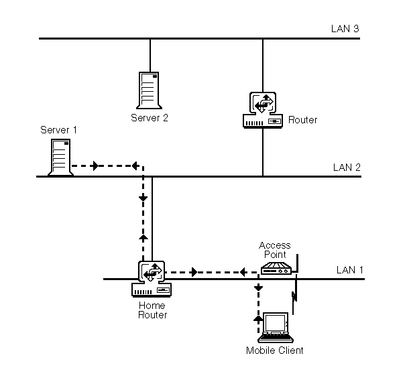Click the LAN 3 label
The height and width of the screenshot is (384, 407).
[345, 29]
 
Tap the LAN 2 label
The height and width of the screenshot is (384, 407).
[347, 167]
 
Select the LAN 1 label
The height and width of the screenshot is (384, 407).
[349, 270]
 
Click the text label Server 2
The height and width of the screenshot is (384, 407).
[150, 117]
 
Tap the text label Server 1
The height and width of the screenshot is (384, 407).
[59, 129]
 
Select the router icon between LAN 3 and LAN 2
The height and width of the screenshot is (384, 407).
[263, 110]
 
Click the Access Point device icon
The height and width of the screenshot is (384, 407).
[275, 269]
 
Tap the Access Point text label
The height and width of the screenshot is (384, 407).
[273, 249]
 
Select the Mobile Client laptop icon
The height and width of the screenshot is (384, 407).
[276, 328]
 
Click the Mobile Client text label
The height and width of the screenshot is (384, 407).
[275, 350]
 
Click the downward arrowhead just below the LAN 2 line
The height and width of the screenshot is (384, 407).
[143, 198]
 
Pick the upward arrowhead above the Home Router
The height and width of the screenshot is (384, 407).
[143, 237]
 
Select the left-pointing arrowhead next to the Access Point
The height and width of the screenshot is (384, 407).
[241, 272]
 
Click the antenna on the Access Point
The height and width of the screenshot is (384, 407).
[296, 263]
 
